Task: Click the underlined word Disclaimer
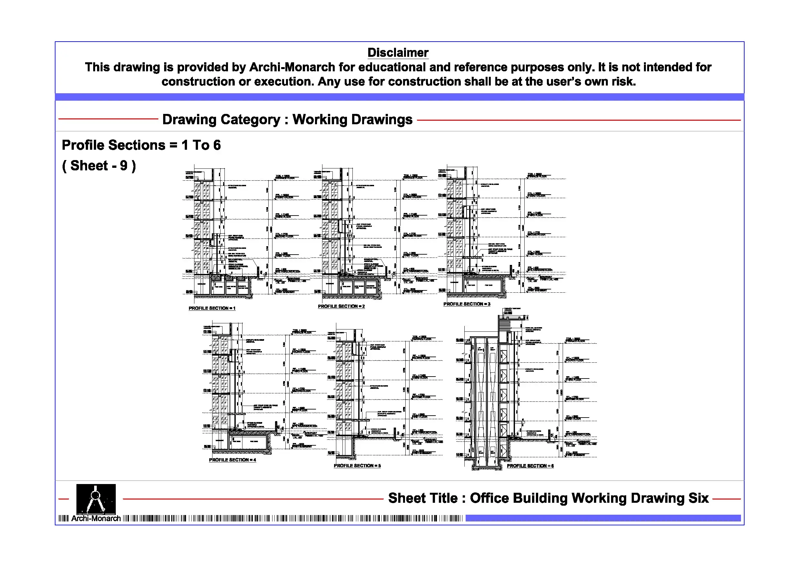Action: (398, 53)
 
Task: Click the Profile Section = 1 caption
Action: (212, 308)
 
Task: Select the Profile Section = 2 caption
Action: (341, 306)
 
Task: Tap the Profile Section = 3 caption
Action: (467, 304)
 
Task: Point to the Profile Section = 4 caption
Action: (232, 460)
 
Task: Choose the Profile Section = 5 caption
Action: (357, 466)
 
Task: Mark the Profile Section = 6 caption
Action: (530, 466)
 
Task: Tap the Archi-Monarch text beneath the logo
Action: (96, 519)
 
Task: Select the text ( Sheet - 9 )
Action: (99, 166)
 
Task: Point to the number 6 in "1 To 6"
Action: (217, 145)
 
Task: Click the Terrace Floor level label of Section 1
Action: (285, 178)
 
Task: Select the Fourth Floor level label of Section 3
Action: (537, 196)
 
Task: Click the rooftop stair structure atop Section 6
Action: (505, 326)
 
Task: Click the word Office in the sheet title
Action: (489, 498)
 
